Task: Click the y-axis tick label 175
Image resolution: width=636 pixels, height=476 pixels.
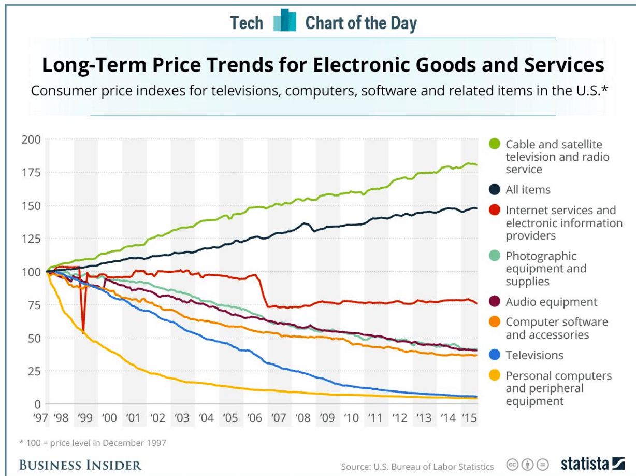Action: (x=30, y=173)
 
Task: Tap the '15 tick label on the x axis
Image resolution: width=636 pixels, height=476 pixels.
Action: (x=469, y=418)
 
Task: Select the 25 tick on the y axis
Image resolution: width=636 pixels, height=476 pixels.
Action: (x=33, y=371)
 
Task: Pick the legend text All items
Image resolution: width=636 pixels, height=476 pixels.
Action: (x=528, y=190)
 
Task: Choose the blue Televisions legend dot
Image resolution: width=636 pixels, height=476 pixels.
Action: (x=495, y=355)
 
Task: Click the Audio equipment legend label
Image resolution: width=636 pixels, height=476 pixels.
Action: (x=552, y=302)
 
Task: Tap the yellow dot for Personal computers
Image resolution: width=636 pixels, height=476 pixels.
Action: (x=495, y=376)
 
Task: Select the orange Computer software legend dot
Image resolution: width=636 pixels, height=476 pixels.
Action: (x=495, y=322)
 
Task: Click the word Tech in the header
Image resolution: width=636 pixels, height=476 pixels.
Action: (x=247, y=23)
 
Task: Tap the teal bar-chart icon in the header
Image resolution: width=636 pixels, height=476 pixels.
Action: (x=284, y=21)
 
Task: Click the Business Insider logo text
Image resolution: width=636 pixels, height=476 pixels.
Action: (x=80, y=465)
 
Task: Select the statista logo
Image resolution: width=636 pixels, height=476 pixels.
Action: (x=592, y=464)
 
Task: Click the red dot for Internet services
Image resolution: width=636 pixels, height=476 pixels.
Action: (x=495, y=211)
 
